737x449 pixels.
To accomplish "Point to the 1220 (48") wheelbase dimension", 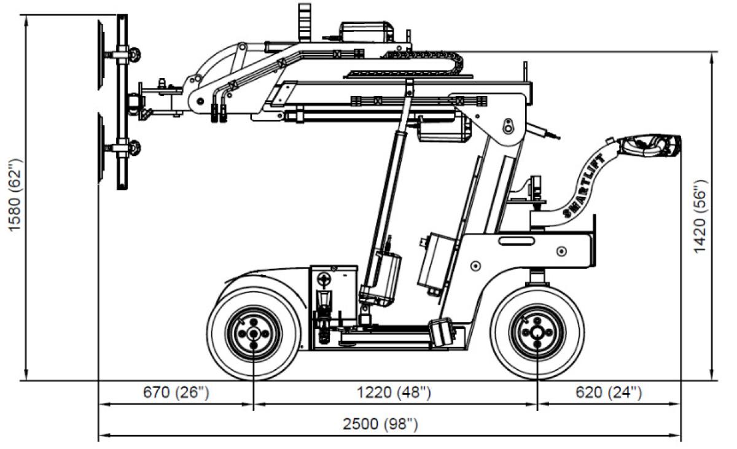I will click(396, 392).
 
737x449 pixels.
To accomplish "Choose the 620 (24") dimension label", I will click(608, 392).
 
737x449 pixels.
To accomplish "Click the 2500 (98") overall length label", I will click(389, 424).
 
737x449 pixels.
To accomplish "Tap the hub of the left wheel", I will click(253, 332).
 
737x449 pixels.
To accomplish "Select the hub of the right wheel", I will click(537, 332).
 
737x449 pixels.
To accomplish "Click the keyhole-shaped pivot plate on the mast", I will click(509, 125).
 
